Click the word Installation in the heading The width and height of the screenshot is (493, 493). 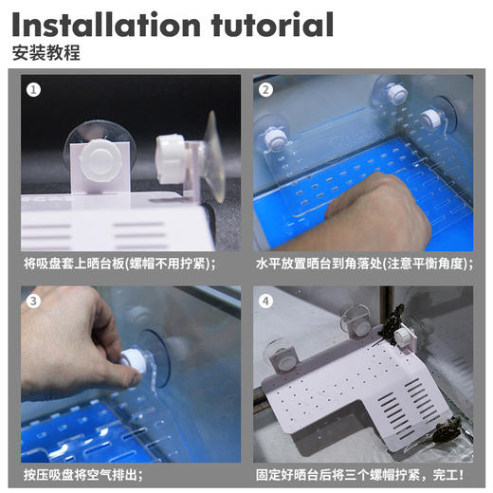click(106, 25)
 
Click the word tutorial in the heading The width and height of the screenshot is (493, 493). click(272, 25)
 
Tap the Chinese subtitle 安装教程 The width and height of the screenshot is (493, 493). click(46, 53)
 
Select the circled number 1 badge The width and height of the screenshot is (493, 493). click(33, 90)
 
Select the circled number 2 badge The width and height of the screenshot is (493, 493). click(265, 90)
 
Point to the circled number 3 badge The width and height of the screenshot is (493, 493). click(33, 301)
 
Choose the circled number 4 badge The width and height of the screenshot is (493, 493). click(265, 301)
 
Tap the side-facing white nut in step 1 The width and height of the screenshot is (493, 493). click(170, 159)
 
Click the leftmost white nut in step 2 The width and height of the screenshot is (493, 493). click(274, 139)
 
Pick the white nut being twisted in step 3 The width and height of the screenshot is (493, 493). click(133, 359)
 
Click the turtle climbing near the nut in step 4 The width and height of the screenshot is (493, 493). click(392, 324)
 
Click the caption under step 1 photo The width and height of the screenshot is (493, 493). click(119, 264)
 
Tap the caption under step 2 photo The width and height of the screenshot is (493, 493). click(364, 264)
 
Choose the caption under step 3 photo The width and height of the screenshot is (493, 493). click(82, 475)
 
